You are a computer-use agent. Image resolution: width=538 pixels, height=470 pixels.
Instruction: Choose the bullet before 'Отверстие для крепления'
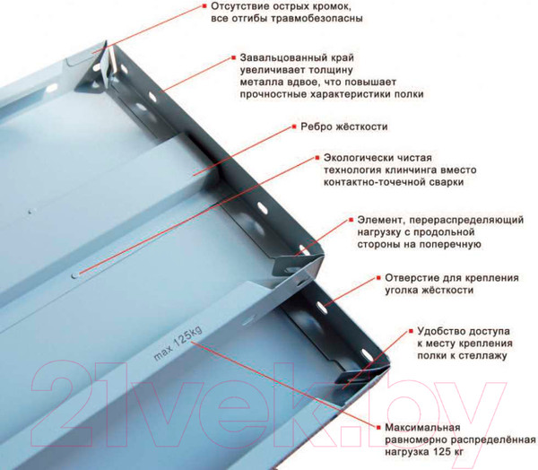tap(377, 278)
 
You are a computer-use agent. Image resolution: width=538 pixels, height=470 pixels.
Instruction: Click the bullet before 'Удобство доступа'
tap(408, 331)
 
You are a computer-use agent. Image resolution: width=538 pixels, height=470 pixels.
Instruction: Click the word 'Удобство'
tap(442, 331)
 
